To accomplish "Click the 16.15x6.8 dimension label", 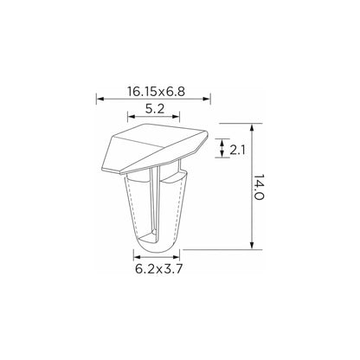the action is (x=156, y=91).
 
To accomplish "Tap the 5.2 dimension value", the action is (x=155, y=109).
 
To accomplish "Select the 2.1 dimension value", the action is (x=237, y=150).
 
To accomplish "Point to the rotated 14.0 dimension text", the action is (x=259, y=188).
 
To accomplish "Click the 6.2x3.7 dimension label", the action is (x=158, y=269).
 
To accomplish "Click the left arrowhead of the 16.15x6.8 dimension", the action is (x=100, y=99).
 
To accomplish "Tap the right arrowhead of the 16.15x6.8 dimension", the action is (x=207, y=99).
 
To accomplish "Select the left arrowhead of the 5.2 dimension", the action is (x=132, y=117).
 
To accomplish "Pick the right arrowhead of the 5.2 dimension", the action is (x=177, y=117).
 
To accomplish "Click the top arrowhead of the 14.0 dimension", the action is (x=252, y=128).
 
